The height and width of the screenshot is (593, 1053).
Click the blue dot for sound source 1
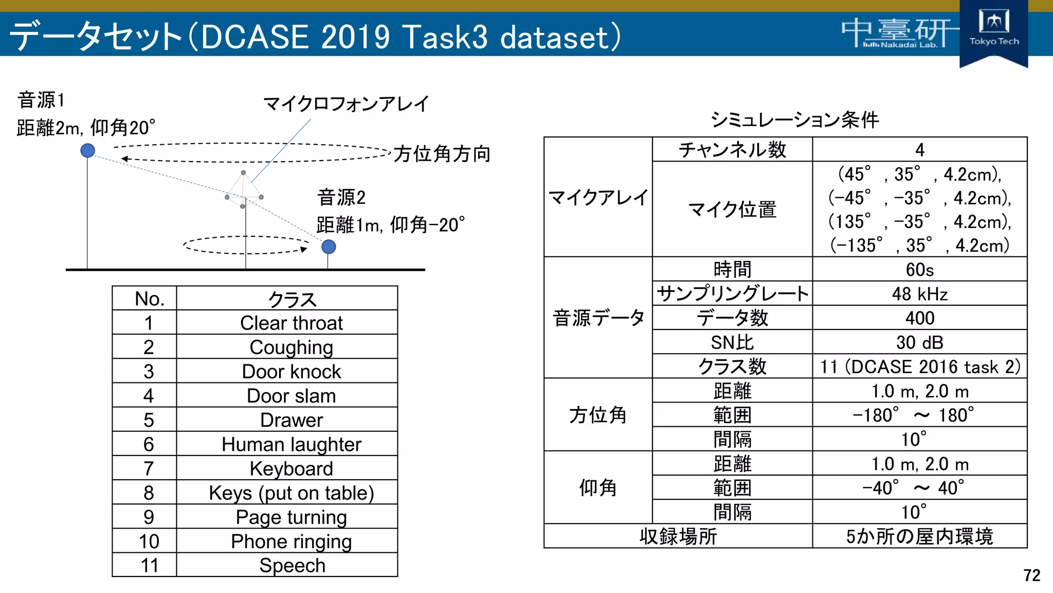(88, 150)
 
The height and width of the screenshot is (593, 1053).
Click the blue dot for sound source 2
(329, 247)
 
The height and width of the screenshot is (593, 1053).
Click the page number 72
(1031, 575)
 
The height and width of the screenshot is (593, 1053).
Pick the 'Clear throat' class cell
(291, 323)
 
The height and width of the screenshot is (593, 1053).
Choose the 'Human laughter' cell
(291, 444)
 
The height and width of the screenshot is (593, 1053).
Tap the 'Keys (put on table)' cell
(291, 493)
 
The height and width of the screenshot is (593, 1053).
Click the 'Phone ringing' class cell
(291, 541)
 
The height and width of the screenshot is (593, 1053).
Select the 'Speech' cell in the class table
(291, 565)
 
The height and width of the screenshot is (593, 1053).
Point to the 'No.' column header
(149, 299)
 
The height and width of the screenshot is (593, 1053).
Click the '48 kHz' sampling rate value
(919, 294)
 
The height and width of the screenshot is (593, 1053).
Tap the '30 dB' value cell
(919, 342)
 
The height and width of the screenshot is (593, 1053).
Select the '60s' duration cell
(919, 269)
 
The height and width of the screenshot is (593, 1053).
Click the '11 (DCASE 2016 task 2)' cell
(919, 367)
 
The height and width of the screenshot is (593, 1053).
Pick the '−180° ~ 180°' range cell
(913, 415)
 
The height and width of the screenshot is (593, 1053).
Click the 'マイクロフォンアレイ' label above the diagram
(346, 104)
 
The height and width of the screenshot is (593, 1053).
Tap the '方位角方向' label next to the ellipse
(442, 154)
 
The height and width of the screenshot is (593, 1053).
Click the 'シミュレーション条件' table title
(794, 120)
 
